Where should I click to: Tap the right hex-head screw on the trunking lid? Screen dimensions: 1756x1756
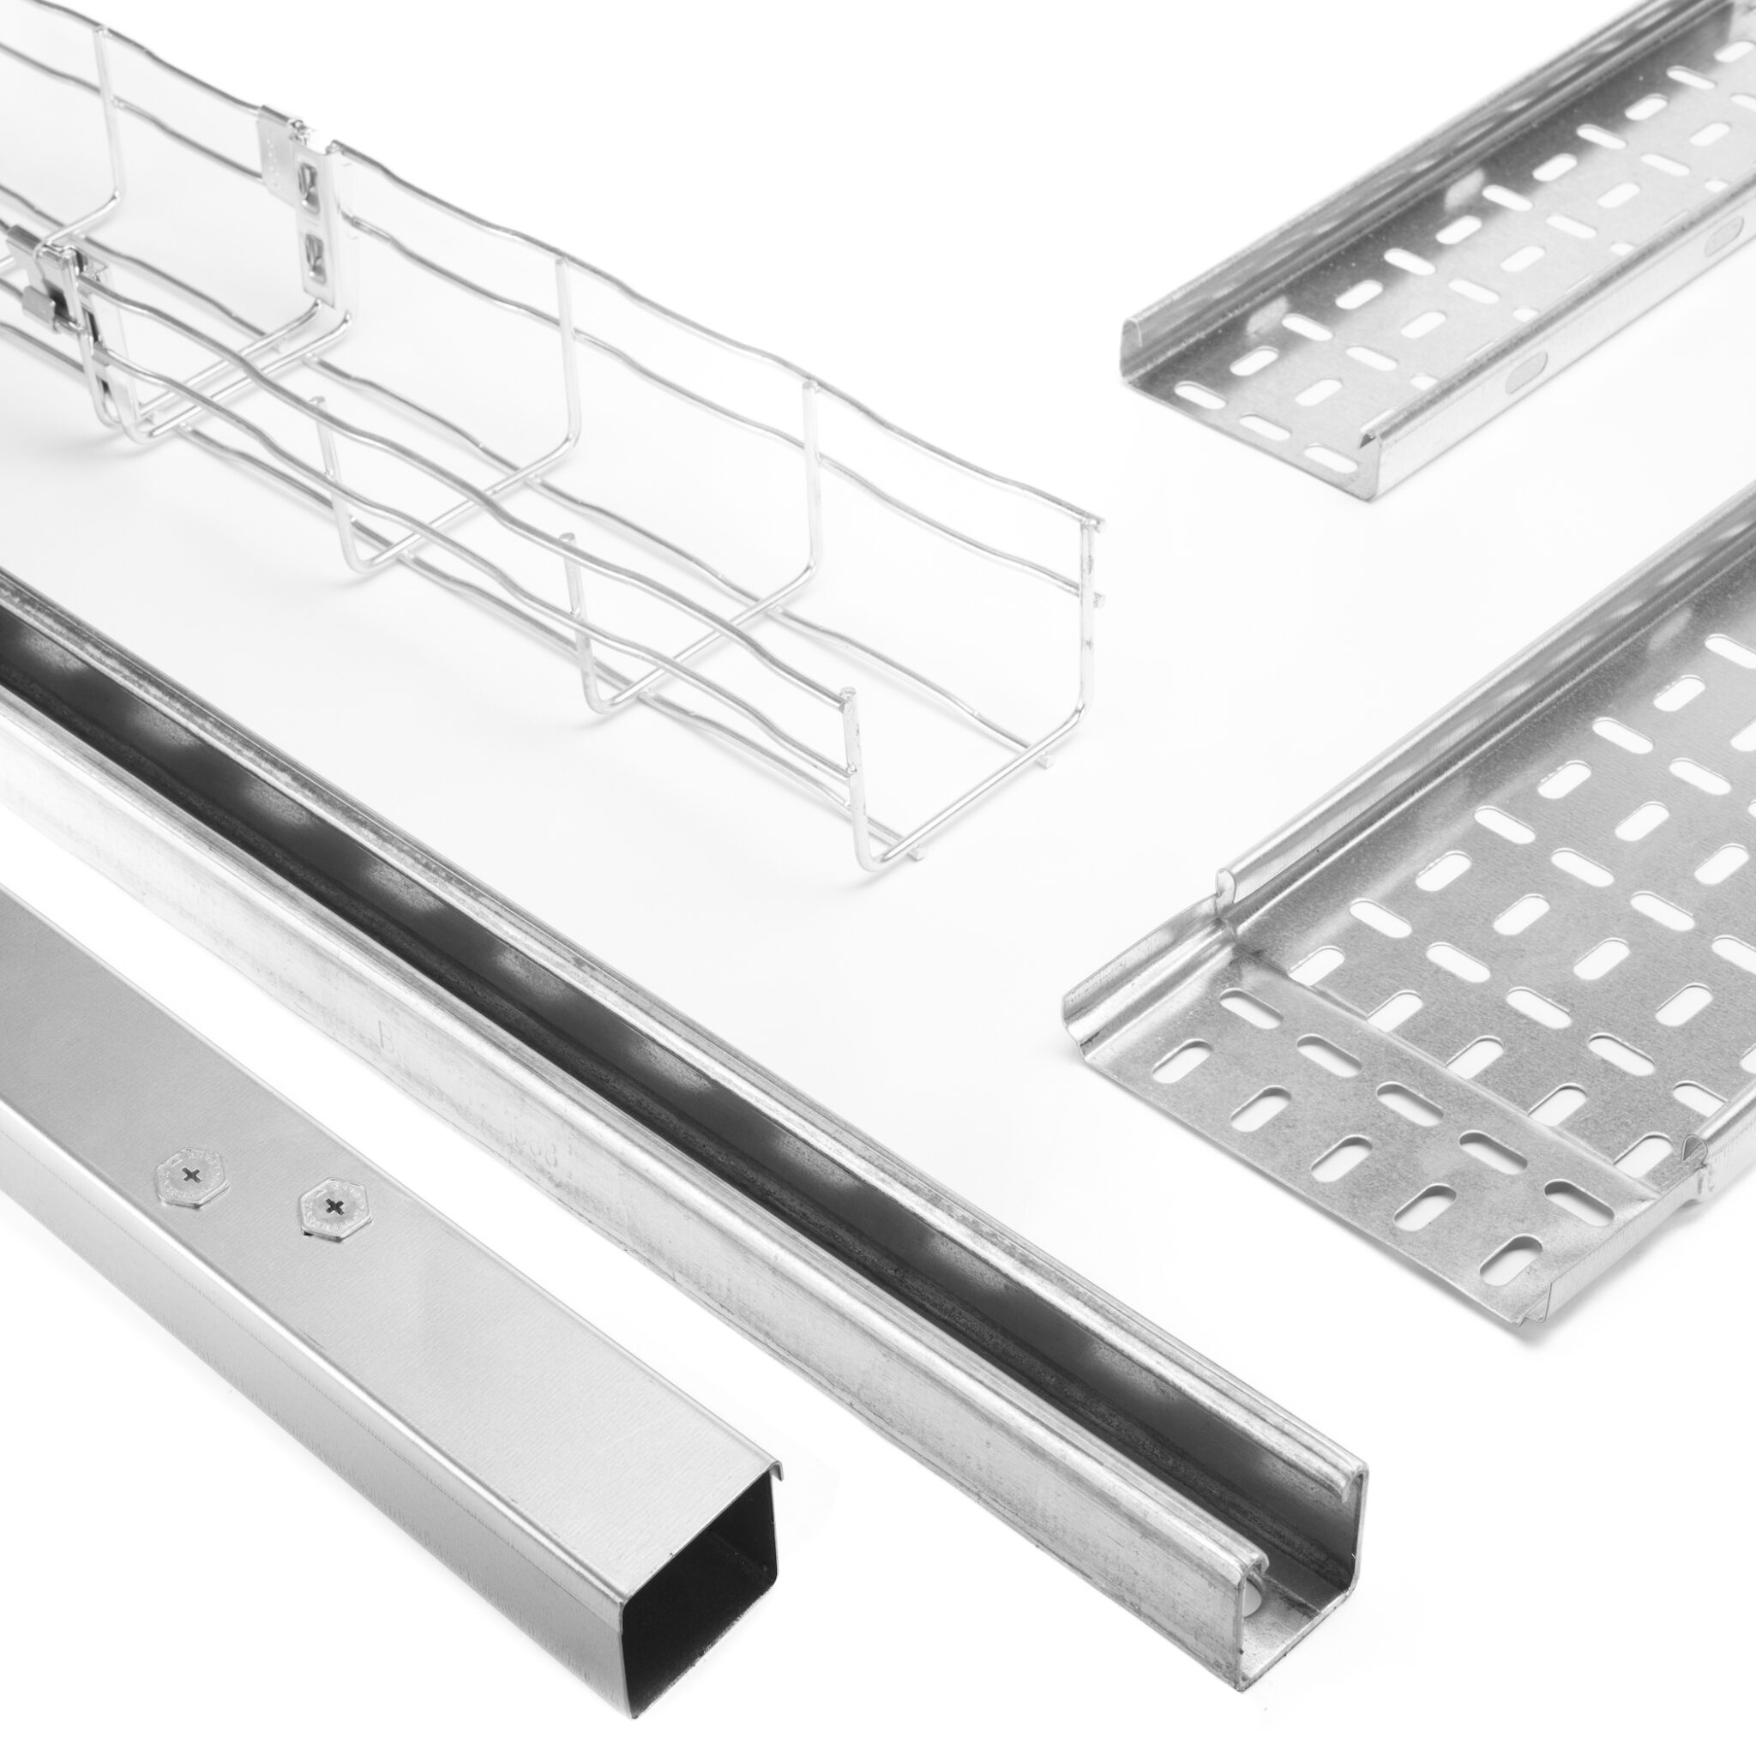334,1206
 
